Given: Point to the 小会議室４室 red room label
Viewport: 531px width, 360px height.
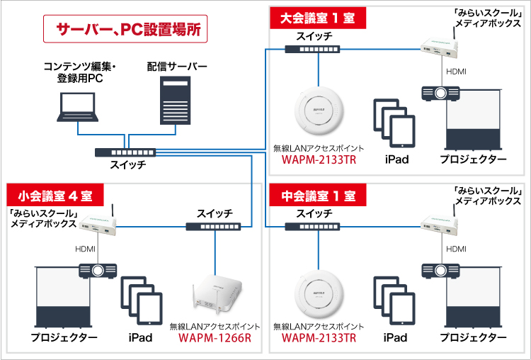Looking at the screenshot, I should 55,193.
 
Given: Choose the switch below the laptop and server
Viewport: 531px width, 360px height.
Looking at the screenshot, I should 124,152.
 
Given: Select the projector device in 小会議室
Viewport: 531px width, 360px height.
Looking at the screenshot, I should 98,270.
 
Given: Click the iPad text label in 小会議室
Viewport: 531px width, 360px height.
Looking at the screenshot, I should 140,337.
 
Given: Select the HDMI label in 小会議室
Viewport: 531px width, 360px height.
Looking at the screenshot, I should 86,249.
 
